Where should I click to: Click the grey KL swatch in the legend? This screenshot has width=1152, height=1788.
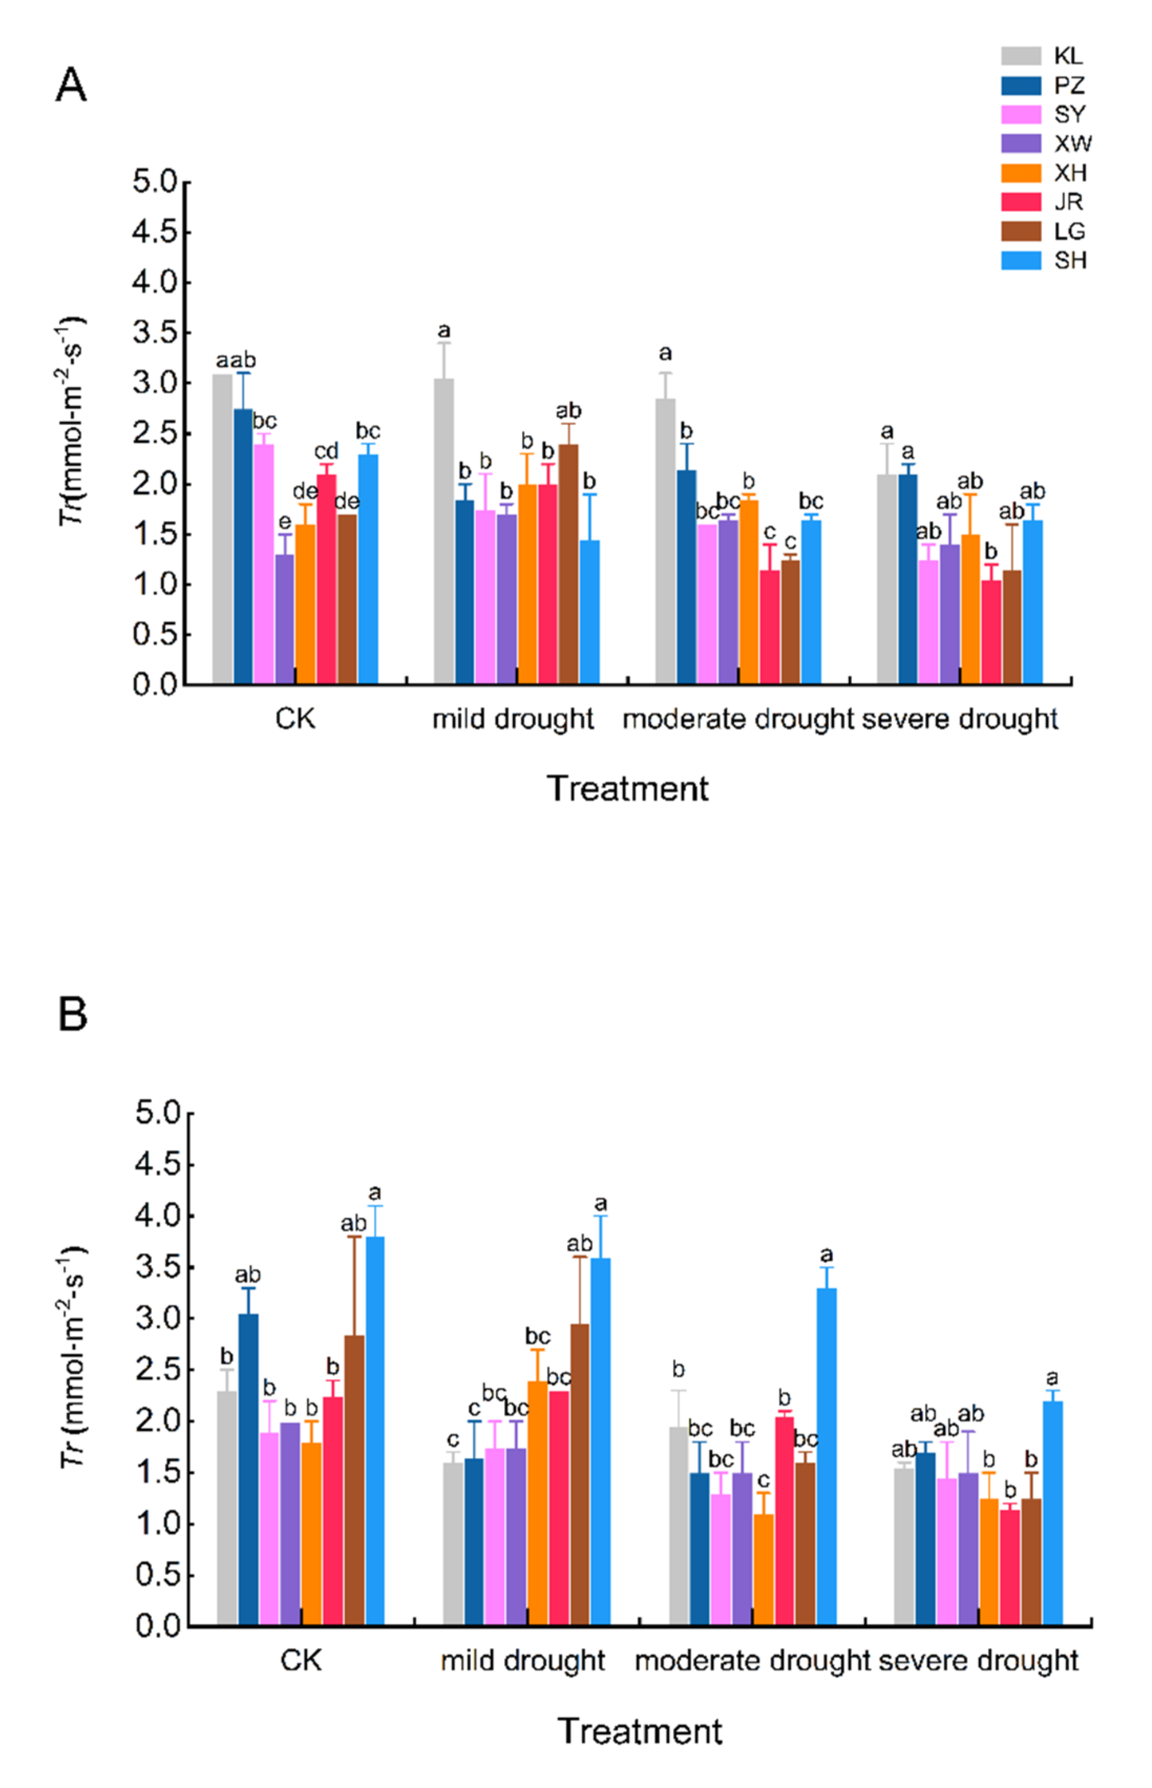(1021, 56)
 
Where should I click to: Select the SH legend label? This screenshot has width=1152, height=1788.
(1071, 260)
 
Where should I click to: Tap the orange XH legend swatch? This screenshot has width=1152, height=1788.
(1021, 173)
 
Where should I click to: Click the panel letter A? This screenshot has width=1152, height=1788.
(72, 85)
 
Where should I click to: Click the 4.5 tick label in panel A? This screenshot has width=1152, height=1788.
(155, 233)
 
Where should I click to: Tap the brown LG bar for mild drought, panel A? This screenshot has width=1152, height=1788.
(568, 564)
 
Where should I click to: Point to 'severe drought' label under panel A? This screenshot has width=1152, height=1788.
(960, 719)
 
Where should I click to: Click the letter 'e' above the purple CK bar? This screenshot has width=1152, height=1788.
(284, 521)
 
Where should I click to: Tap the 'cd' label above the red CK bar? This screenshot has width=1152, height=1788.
(326, 451)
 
